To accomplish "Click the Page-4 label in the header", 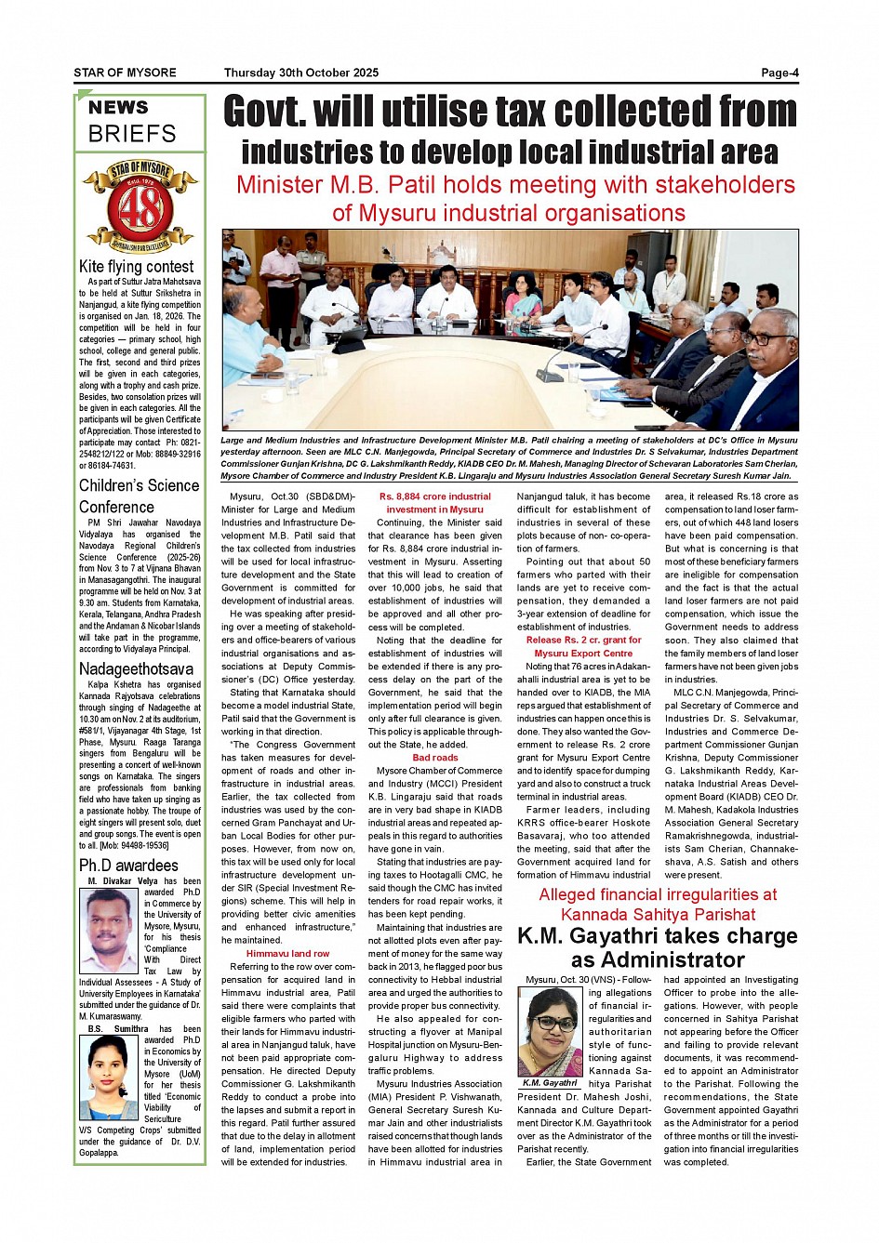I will pos(779,73).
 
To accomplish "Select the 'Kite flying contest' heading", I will pos(136,267).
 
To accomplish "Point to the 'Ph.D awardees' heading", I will pos(128,865).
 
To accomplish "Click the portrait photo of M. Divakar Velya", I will pos(110,930).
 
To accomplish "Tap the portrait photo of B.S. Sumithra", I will pos(110,1078).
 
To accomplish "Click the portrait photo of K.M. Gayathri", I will pos(550,1031).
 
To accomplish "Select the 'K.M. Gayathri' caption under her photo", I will pos(550,1083).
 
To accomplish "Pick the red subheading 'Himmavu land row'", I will pos(287,953).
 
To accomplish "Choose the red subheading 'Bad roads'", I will pos(435,757).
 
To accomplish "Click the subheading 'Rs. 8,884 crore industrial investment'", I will pos(435,503).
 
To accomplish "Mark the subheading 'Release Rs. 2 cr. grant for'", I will pos(583,640).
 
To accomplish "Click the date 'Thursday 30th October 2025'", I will pos(300,73).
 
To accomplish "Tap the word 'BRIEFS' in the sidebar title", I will pos(132,134).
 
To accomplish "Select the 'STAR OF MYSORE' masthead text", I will pos(125,73).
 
